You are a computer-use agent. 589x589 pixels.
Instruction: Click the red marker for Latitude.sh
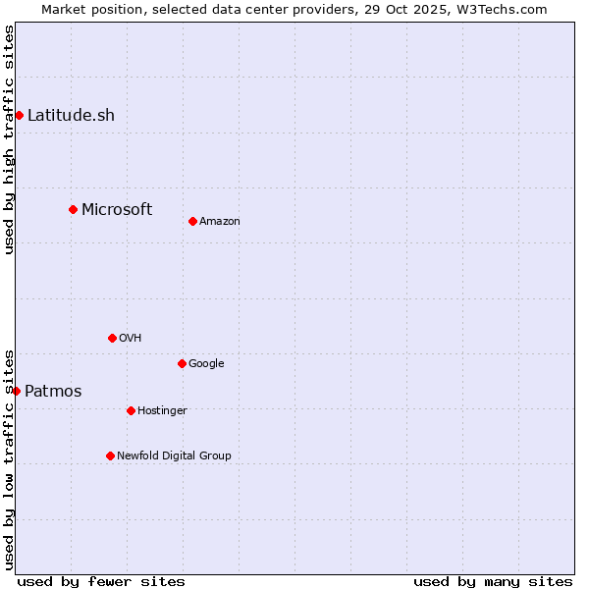point(19,115)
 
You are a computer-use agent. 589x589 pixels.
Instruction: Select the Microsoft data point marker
point(73,209)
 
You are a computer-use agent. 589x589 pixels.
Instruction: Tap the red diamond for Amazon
point(192,221)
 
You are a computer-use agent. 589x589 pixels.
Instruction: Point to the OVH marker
point(112,338)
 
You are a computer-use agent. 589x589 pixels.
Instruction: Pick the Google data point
point(182,363)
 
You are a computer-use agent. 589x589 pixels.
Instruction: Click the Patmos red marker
point(16,391)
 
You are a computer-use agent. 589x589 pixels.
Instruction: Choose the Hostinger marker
point(131,410)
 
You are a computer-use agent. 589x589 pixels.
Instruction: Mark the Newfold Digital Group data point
point(110,455)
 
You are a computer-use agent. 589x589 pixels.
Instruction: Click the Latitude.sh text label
point(71,115)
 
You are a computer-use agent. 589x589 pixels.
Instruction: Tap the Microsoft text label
point(117,209)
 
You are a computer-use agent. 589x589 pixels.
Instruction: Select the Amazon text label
point(220,221)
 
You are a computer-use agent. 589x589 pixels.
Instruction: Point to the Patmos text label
point(53,391)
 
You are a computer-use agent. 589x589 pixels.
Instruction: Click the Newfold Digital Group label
point(175,455)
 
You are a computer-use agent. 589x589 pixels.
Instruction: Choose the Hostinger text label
point(162,410)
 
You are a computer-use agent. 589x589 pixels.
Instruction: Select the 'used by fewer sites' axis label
point(101,581)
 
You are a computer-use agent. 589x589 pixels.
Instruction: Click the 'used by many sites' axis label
point(493,581)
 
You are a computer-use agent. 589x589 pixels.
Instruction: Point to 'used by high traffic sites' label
point(9,139)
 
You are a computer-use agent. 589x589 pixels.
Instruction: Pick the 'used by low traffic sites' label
point(9,458)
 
